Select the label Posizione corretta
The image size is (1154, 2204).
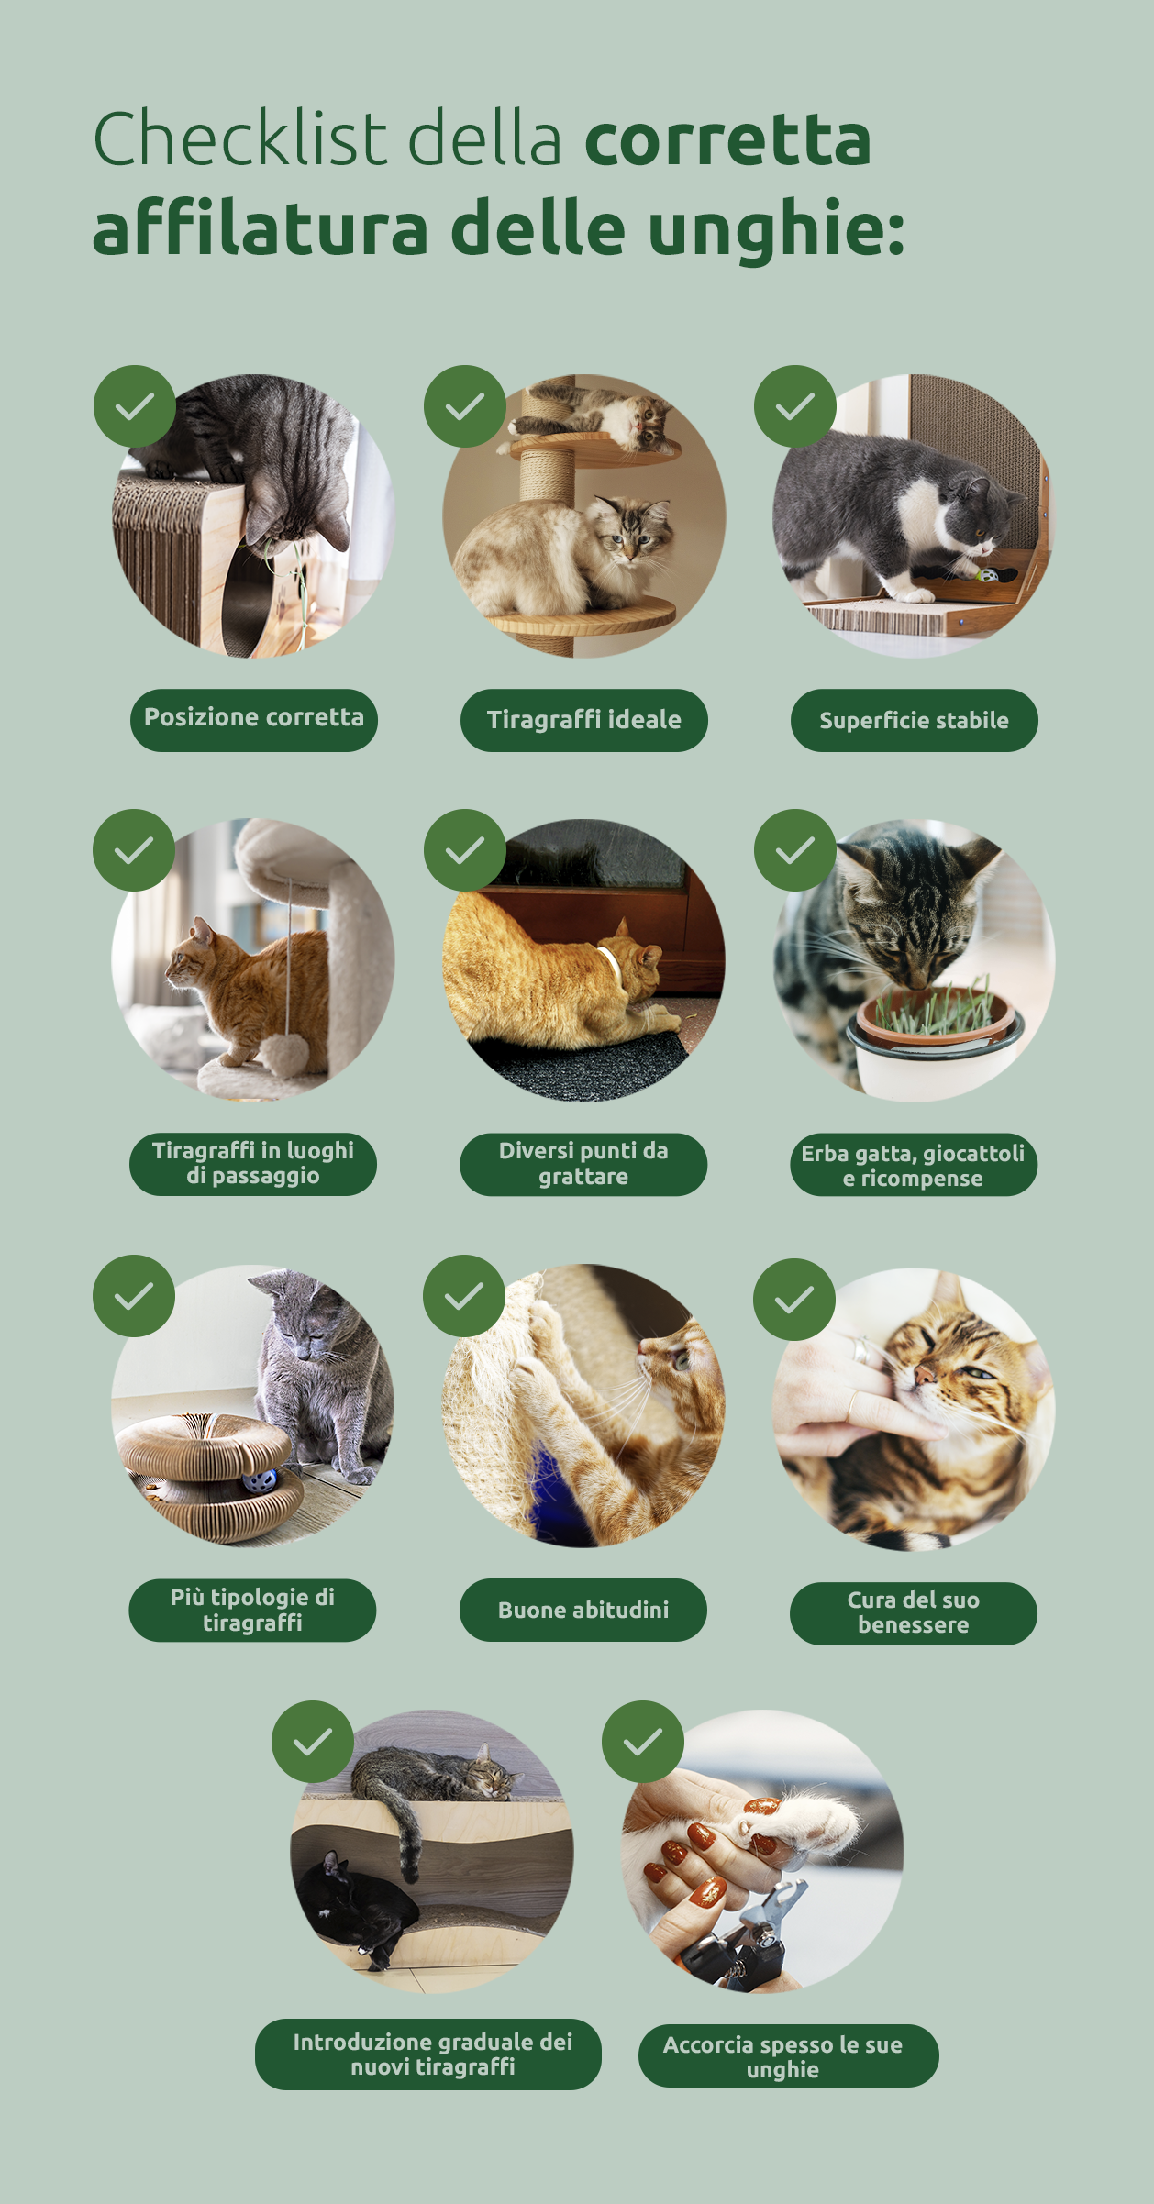(x=254, y=719)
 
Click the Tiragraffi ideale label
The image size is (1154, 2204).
(x=584, y=720)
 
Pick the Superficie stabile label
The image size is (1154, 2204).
(x=915, y=720)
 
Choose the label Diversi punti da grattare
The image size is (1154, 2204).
(x=583, y=1164)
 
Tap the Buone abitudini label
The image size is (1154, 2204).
(x=583, y=1610)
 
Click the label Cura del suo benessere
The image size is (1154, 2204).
(x=914, y=1612)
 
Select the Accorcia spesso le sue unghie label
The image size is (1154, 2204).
(x=789, y=2056)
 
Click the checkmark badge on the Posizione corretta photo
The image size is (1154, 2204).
(x=135, y=406)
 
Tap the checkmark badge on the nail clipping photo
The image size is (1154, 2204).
(x=643, y=1742)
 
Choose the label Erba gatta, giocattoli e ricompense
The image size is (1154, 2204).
(x=914, y=1165)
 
